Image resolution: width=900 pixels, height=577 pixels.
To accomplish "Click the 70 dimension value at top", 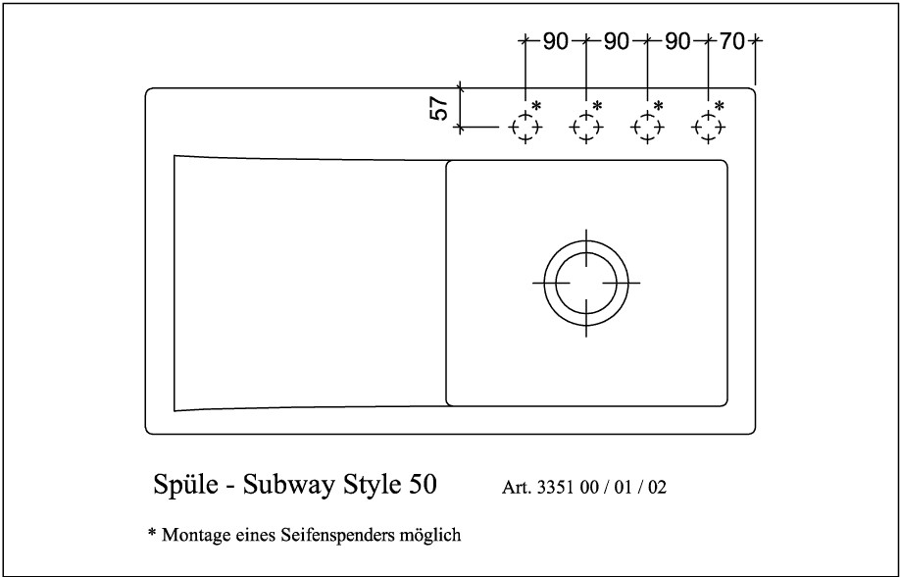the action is [731, 41].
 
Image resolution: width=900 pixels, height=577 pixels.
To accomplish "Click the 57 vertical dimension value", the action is [439, 108].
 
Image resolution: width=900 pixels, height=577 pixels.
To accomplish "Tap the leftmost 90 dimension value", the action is [555, 41].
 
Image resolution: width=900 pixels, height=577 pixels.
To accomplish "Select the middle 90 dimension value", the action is [617, 41].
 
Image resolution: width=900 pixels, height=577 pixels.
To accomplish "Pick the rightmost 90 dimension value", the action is [677, 41].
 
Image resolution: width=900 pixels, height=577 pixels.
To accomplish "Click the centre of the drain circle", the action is [586, 283].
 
